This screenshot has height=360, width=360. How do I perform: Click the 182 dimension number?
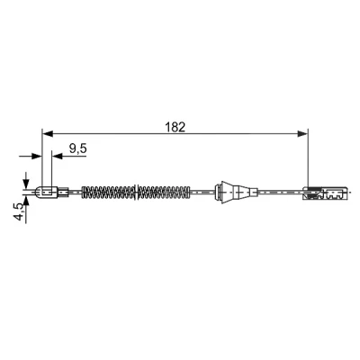(x=175, y=127)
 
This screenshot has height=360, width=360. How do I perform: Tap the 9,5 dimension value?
(x=77, y=148)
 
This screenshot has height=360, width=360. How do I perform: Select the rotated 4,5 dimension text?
(x=19, y=211)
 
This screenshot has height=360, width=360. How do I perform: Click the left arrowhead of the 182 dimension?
(x=48, y=133)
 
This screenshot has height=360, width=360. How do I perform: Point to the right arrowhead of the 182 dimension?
(x=302, y=133)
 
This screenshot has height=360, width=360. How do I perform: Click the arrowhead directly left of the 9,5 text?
(x=57, y=156)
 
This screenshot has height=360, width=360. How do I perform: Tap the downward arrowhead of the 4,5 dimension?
(x=26, y=184)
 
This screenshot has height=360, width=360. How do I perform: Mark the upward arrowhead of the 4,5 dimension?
(x=26, y=202)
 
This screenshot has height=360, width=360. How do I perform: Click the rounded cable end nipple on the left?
(x=46, y=193)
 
